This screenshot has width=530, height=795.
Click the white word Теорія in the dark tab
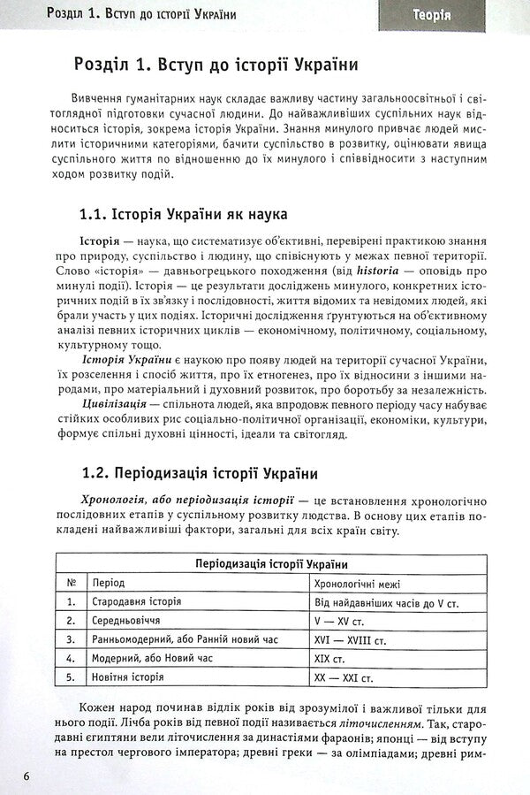431,15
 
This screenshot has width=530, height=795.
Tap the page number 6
28,776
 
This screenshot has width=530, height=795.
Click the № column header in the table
72,584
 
